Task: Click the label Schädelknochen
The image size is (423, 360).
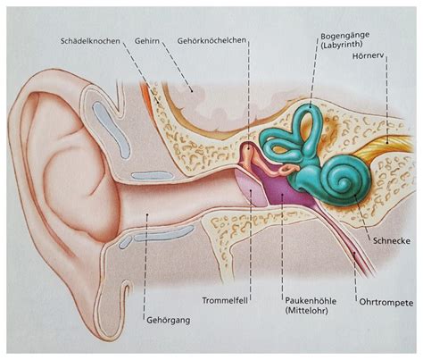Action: (90, 41)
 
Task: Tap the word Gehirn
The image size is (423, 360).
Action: (147, 41)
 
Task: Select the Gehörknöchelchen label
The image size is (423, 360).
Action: (211, 40)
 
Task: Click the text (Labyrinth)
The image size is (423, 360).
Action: (341, 45)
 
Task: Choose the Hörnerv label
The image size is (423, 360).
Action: (369, 55)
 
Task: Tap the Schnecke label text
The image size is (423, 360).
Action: (392, 240)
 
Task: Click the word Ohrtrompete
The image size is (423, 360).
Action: (386, 303)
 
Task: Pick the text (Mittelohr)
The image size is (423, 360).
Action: (306, 311)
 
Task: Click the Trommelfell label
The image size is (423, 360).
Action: (225, 300)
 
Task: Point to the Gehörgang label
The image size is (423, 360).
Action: (169, 321)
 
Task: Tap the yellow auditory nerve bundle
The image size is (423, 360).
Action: (384, 146)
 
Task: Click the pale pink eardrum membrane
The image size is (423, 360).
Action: (252, 187)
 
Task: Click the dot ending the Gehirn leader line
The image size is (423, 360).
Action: (192, 90)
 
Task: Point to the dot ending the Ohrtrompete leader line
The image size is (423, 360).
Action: (354, 254)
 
